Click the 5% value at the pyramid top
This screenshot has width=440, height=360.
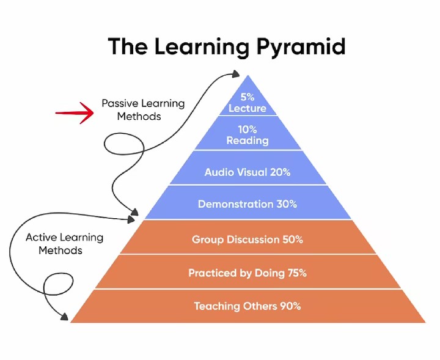tap(248, 97)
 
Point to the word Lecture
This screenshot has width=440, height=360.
tap(248, 108)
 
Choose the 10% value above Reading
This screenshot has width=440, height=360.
tap(248, 130)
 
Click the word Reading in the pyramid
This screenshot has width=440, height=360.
tap(248, 141)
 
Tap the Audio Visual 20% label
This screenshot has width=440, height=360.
tap(248, 172)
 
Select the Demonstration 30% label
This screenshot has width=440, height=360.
tap(248, 204)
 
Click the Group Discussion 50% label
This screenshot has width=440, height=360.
tap(248, 239)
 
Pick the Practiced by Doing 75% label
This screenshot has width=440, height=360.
tap(248, 273)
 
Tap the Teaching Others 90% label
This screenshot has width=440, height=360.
tap(248, 306)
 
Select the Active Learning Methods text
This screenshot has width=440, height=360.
tap(64, 243)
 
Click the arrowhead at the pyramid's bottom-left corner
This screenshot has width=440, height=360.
tap(64, 316)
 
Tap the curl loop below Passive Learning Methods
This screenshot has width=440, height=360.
tap(123, 146)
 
